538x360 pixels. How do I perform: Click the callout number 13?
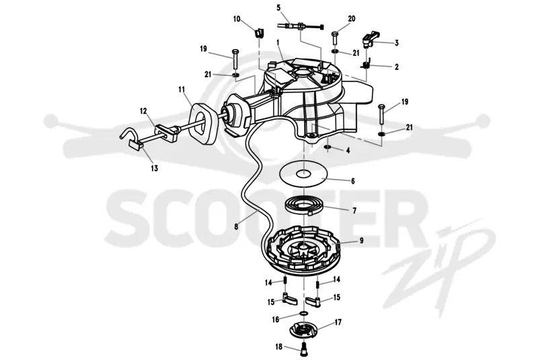pyautogui.click(x=155, y=168)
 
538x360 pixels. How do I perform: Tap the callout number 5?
pyautogui.click(x=278, y=7)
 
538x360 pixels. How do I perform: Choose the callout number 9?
pyautogui.click(x=361, y=241)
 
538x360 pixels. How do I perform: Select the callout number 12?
pyautogui.click(x=143, y=111)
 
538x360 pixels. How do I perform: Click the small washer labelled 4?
pyautogui.click(x=328, y=147)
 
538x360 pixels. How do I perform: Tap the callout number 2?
pyautogui.click(x=397, y=67)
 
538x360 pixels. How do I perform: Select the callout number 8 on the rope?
pyautogui.click(x=236, y=227)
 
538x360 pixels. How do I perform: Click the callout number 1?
pyautogui.click(x=278, y=42)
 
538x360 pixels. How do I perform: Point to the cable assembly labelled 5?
pyautogui.click(x=301, y=26)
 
